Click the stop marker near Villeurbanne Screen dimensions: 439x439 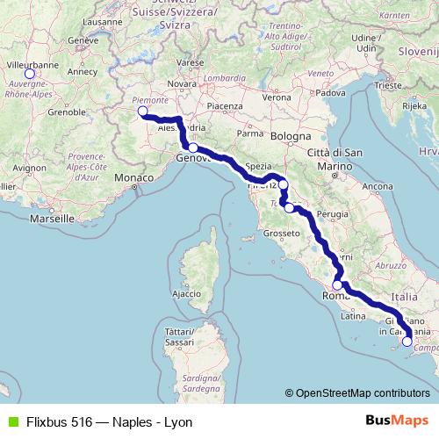(x=29, y=74)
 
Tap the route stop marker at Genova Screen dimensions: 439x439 (x=193, y=148)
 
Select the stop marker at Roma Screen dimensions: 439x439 (x=337, y=285)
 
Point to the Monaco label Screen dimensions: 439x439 (x=134, y=178)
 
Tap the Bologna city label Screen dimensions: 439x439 (x=291, y=137)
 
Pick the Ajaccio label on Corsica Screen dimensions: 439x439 (x=187, y=293)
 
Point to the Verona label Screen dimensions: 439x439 (x=276, y=97)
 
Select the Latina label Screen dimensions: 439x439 (x=353, y=316)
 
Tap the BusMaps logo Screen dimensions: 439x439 (x=396, y=421)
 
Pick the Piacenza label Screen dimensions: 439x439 (x=225, y=106)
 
